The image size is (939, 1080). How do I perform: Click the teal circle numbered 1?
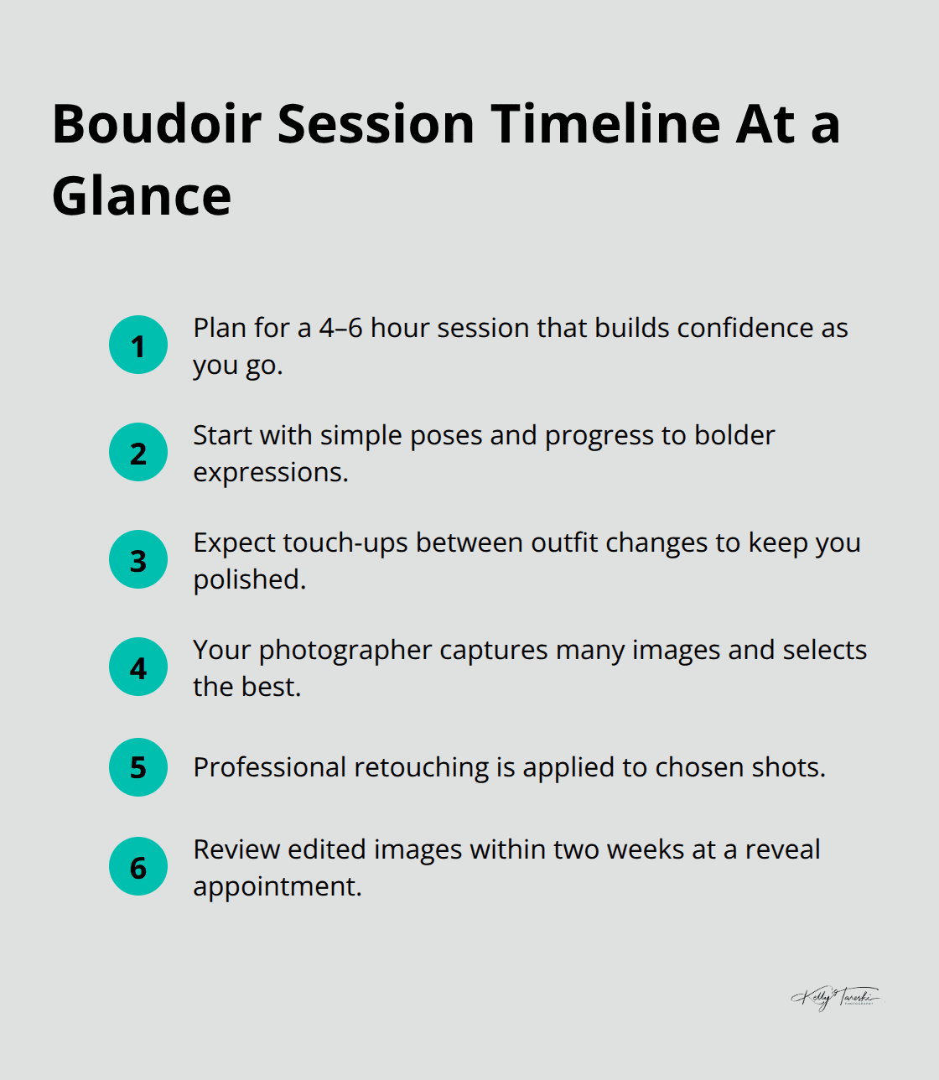[138, 345]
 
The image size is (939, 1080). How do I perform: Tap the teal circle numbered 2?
[138, 452]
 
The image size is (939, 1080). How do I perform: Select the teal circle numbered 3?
[138, 559]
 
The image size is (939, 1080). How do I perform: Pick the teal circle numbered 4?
[138, 667]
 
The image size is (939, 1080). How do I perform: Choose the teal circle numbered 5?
[138, 767]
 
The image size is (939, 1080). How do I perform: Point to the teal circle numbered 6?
[138, 866]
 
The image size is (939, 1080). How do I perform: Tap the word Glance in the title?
[142, 196]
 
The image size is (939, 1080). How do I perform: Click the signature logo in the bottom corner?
[836, 997]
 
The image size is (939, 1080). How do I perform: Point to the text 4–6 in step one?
[340, 328]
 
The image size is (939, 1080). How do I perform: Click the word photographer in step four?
[345, 651]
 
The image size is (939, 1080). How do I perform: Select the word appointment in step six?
[276, 887]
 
